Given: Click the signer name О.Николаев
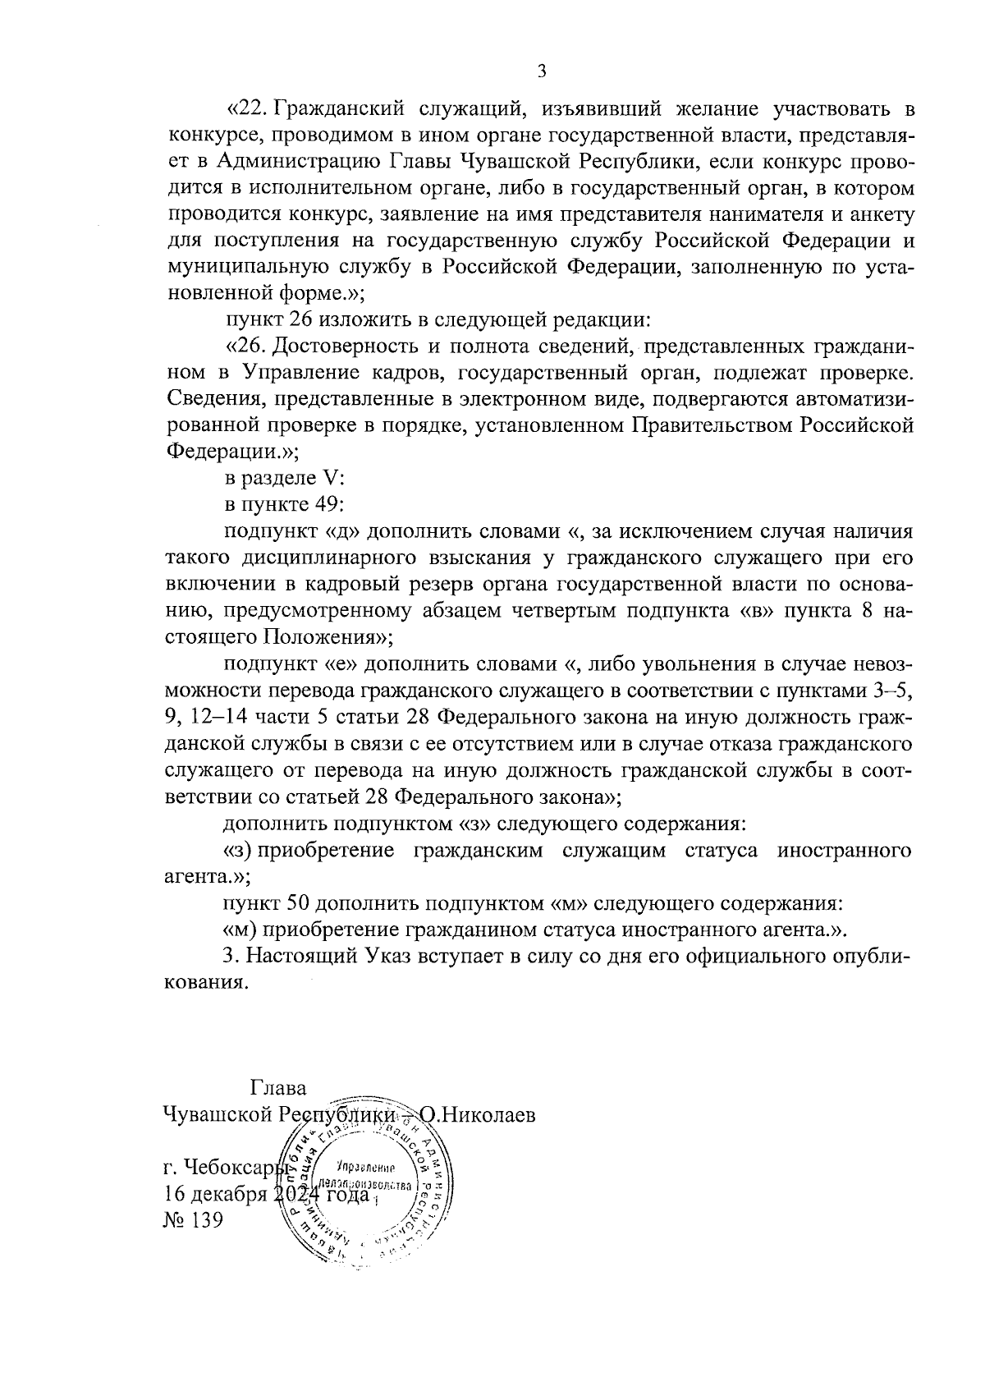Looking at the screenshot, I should pyautogui.click(x=478, y=1115).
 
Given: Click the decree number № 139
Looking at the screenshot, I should pyautogui.click(x=194, y=1219).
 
